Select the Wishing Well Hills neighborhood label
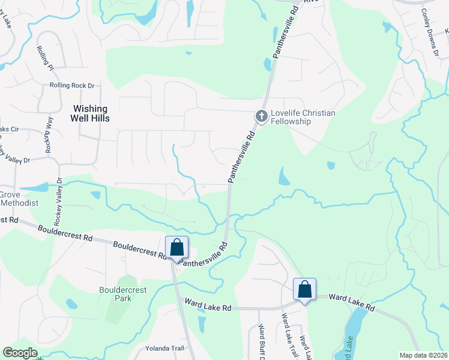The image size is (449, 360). click(x=90, y=113)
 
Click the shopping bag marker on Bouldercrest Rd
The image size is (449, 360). click(x=177, y=247)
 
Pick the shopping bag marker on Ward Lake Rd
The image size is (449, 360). click(x=305, y=289)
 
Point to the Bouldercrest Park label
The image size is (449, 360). click(x=122, y=294)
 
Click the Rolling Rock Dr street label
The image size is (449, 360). click(x=73, y=86)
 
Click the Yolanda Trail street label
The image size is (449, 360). click(x=164, y=348)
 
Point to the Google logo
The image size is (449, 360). click(x=20, y=353)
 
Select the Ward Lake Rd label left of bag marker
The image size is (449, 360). click(x=208, y=307)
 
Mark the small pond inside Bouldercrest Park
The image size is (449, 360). click(x=71, y=304)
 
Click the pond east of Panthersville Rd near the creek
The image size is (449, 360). click(x=283, y=176)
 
